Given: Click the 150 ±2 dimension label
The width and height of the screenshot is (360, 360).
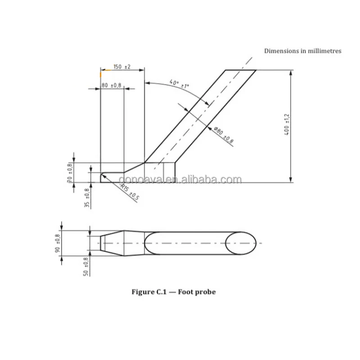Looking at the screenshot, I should (x=121, y=67).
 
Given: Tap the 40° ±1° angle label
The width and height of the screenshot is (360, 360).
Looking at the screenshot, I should (x=179, y=84).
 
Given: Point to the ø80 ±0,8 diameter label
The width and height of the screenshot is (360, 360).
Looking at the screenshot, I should (x=224, y=135).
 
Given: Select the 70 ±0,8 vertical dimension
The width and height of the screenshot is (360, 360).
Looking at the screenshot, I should (x=70, y=173).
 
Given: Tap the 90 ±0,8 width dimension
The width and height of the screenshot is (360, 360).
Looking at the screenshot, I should (x=57, y=243).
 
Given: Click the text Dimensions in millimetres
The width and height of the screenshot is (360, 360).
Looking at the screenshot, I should (x=302, y=51).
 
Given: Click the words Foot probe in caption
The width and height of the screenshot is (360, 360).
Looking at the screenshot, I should (x=197, y=292).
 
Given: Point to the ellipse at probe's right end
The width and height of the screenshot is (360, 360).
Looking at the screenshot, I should (x=241, y=243).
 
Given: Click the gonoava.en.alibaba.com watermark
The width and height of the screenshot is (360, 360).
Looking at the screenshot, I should (x=180, y=180).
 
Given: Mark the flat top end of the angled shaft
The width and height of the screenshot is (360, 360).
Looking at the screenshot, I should (x=240, y=70).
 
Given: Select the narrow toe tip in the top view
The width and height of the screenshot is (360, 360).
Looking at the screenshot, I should (x=102, y=243).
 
